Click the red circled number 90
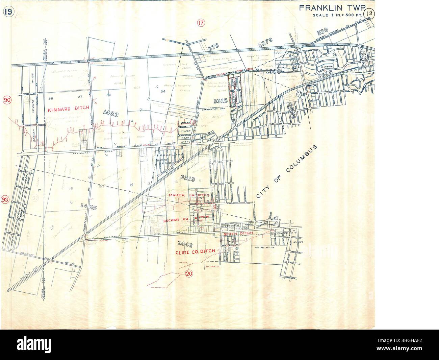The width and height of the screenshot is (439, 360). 6,100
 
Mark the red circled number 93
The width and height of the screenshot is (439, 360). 6,200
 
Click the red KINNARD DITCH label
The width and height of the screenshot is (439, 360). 68,109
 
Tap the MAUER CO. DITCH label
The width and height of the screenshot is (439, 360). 189,196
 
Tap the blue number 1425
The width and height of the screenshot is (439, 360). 89,205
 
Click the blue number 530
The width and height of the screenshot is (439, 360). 323,32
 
